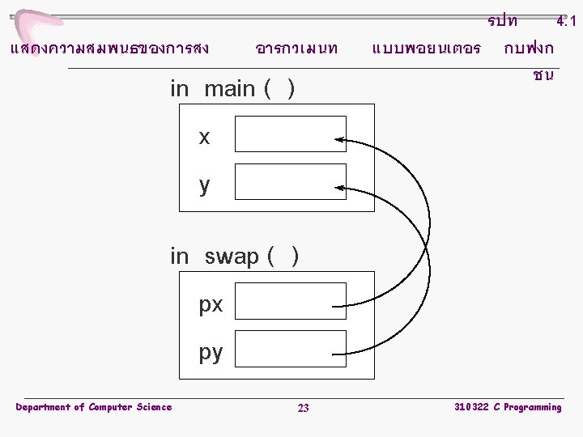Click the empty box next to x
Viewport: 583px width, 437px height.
[x=291, y=134]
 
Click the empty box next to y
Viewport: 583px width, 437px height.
[x=291, y=181]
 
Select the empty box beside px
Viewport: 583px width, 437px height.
[x=291, y=301]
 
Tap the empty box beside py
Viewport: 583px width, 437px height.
[x=291, y=349]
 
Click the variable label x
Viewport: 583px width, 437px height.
[x=204, y=138]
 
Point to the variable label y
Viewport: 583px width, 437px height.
[x=204, y=185]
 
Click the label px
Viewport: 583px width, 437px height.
[x=211, y=305]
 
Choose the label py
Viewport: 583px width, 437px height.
[x=211, y=353]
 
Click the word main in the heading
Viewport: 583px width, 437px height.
[x=230, y=89]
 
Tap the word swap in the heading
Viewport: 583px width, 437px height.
[x=232, y=257]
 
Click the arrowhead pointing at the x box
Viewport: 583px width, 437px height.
[x=340, y=140]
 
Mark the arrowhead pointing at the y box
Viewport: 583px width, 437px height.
[x=340, y=187]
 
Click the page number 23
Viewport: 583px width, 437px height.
[x=303, y=408]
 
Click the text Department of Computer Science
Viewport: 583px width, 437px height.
[x=94, y=407]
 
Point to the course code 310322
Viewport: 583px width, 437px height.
[x=470, y=407]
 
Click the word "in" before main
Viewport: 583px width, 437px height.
[x=179, y=89]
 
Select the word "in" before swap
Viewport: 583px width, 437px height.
[x=179, y=257]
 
